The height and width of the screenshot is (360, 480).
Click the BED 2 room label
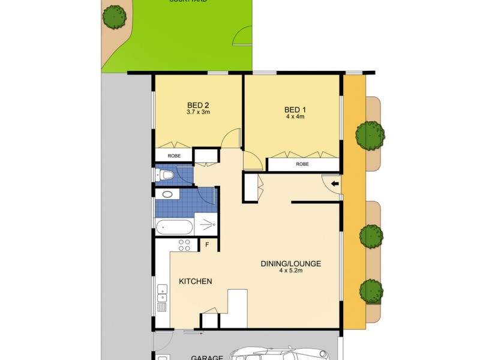coord(197,104)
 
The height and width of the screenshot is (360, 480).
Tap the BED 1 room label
coord(295,109)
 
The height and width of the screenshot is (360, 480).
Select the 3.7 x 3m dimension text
coord(197,112)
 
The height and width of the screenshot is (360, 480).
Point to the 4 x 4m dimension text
coord(295,117)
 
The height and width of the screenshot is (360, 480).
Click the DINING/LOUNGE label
coord(291,263)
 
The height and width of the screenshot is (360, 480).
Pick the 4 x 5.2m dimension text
coord(291,271)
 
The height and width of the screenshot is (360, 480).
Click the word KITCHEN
coord(195,281)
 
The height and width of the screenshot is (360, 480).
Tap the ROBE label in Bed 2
coord(173,155)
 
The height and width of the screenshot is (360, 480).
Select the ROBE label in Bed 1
coord(302,164)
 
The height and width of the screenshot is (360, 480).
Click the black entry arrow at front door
coord(335,182)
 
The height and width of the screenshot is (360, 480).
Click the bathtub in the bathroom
coord(174,227)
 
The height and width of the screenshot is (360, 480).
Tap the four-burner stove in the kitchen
coord(184,245)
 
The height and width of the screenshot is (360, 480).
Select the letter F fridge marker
coord(206,244)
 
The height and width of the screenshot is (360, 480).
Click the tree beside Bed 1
coord(370,135)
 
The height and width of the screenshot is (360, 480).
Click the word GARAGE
coord(207,358)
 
